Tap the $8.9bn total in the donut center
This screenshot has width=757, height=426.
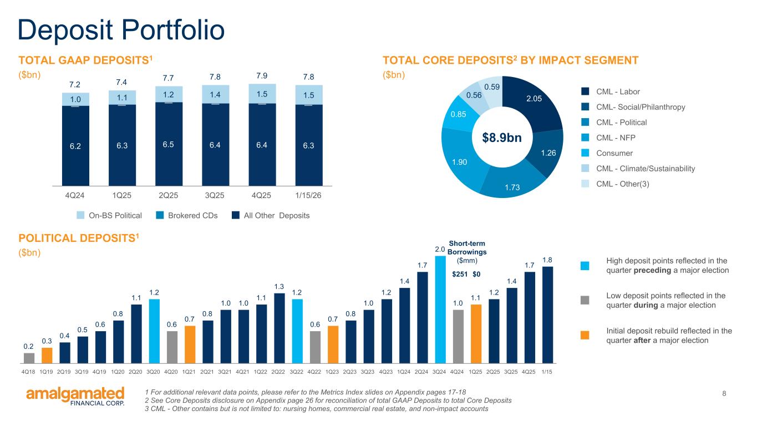tap(502, 137)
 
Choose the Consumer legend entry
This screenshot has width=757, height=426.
tap(612, 153)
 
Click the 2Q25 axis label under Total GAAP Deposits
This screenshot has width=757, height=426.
tap(168, 196)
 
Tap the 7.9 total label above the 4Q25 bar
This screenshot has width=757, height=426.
tap(262, 75)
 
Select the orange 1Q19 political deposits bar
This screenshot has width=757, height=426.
tap(47, 354)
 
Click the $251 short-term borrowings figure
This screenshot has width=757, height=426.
tap(460, 274)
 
